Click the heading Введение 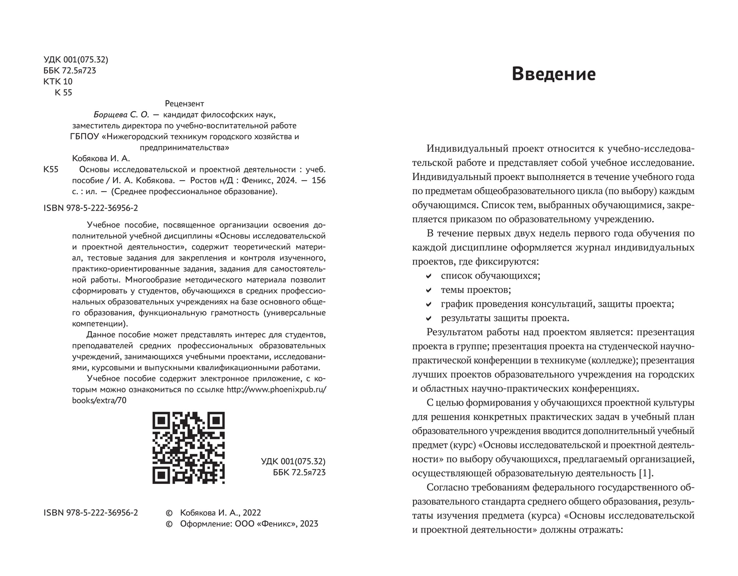(553, 74)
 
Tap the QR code (188, 448)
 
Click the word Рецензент (185, 103)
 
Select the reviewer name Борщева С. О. (121, 114)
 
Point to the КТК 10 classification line (58, 81)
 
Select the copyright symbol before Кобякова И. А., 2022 (169, 513)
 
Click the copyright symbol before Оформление (169, 524)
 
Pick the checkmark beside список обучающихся (429, 276)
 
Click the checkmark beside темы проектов (429, 290)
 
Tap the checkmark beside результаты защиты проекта (429, 318)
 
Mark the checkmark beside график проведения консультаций (429, 304)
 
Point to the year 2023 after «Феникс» (309, 524)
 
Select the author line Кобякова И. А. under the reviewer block (101, 158)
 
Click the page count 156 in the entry (319, 180)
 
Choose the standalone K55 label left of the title (51, 169)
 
